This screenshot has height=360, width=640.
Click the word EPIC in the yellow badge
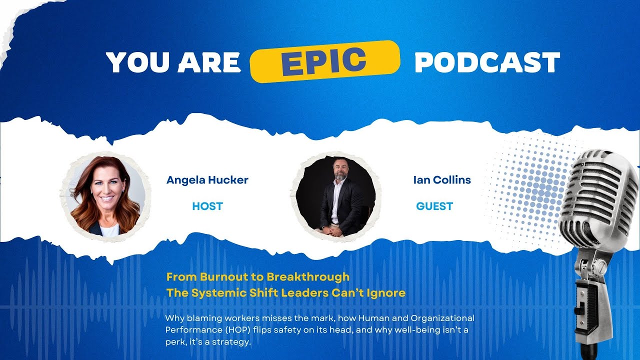tap(324, 60)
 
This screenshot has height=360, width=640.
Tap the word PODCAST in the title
tap(487, 62)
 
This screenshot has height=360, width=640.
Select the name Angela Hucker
tap(207, 180)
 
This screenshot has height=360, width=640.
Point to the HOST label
tap(207, 206)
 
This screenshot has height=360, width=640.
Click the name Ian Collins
tap(442, 180)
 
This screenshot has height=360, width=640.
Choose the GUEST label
tap(434, 206)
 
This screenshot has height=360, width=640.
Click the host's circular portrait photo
tap(105, 195)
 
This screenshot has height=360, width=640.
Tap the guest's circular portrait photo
tap(335, 195)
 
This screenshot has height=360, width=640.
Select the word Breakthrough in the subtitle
tap(308, 276)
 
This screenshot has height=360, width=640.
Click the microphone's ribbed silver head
tap(597, 200)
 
